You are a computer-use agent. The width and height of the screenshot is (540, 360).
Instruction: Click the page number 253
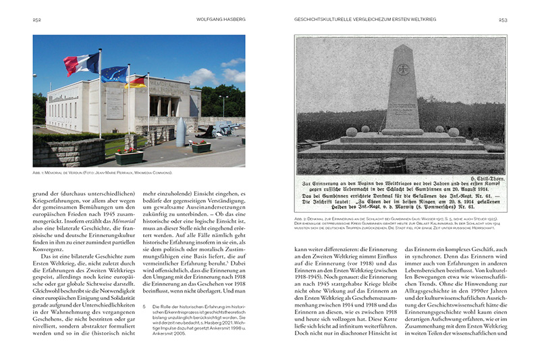(502, 20)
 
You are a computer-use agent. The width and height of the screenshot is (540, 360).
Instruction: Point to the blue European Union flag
(113, 73)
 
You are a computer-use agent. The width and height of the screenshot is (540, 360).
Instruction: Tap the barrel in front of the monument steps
(392, 164)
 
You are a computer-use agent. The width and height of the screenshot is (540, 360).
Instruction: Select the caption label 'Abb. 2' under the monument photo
(300, 220)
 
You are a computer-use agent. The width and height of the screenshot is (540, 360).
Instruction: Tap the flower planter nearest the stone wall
(129, 157)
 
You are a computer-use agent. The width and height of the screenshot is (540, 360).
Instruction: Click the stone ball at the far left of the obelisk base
(352, 132)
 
